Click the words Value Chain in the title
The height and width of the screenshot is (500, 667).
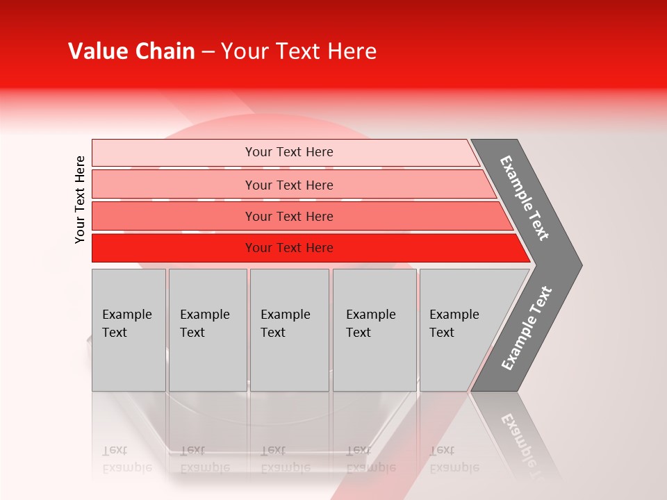pyautogui.click(x=131, y=51)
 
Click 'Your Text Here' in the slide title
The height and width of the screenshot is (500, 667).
pyautogui.click(x=299, y=51)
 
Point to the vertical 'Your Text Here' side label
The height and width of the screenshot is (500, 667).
pyautogui.click(x=80, y=199)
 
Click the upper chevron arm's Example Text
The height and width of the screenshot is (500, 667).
pyautogui.click(x=525, y=198)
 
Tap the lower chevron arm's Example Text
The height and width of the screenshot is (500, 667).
pyautogui.click(x=526, y=328)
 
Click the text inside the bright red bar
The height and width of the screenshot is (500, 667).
pyautogui.click(x=289, y=248)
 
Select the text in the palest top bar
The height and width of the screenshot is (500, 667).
pyautogui.click(x=289, y=152)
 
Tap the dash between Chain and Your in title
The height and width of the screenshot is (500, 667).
pyautogui.click(x=208, y=52)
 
